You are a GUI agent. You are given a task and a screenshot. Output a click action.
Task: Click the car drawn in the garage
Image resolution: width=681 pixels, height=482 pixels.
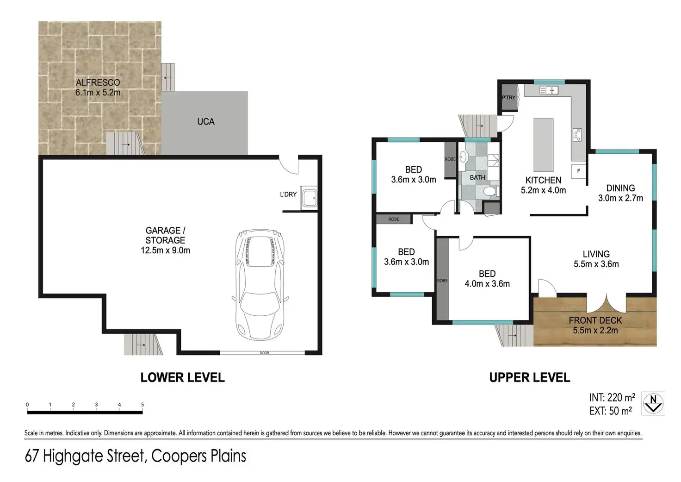coord(260,285)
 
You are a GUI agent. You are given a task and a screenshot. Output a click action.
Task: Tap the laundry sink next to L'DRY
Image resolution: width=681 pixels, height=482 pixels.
coord(309,198)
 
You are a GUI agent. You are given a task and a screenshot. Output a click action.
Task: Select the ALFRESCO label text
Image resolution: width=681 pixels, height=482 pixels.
coord(98,82)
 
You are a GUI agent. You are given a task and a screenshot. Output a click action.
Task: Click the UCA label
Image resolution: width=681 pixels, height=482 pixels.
coord(206,122)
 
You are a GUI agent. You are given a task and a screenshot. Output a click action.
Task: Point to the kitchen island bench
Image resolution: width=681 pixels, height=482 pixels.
coord(543,145)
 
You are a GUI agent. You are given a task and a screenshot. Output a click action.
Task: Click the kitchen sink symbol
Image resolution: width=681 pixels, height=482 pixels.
coord(549,90)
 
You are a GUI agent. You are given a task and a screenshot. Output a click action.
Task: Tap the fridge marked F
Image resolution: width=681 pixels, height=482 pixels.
coord(578,171)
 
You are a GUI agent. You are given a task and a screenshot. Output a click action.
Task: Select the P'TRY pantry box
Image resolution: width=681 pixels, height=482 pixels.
coord(509,97)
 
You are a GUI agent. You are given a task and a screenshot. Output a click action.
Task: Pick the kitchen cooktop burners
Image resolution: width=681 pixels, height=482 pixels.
coord(577,135)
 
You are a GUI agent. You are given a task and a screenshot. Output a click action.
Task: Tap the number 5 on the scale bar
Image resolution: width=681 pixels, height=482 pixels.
coord(142,404)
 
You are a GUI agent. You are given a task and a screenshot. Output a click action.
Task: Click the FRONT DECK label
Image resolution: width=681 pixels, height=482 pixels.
coord(595,320)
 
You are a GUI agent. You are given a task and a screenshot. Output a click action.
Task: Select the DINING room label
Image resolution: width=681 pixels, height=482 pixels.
coord(620,188)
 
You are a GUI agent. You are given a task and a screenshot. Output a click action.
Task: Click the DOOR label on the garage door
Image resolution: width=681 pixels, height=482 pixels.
coord(265,353)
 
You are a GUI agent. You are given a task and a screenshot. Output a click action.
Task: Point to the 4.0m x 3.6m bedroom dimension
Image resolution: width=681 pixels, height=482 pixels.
coord(487,284)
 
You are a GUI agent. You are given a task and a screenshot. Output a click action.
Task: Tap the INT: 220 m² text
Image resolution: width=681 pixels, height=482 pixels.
coord(612,397)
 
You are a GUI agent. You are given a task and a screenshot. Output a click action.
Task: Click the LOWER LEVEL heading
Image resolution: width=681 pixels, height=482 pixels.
coord(182,377)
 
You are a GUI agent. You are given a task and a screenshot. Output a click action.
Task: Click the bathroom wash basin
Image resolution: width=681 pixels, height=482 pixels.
coord(463,157)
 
